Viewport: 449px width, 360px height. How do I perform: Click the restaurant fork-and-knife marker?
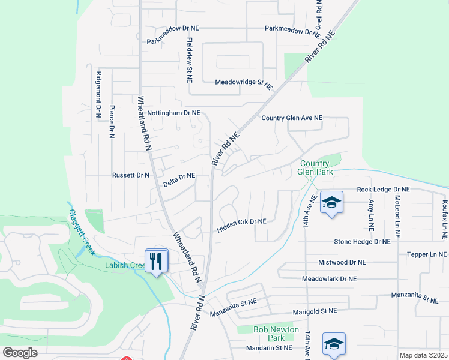[157, 261]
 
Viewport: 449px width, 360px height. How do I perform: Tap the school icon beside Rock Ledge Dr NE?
[331, 203]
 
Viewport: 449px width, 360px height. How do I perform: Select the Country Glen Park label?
[315, 167]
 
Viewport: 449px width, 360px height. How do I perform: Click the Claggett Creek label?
[82, 232]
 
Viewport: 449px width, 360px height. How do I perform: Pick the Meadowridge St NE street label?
[244, 82]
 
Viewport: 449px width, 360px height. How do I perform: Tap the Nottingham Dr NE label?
[173, 113]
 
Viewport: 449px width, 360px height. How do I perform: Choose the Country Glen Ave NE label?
[292, 118]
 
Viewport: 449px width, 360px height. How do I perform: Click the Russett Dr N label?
[131, 175]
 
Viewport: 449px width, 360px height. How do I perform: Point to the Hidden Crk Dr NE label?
[241, 222]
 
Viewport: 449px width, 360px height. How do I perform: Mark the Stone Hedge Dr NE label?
[363, 241]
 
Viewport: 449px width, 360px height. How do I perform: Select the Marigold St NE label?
[315, 311]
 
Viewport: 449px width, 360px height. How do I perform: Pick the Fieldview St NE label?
[190, 60]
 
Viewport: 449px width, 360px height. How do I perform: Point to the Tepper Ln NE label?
[427, 254]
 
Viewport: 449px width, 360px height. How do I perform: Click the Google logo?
[20, 353]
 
